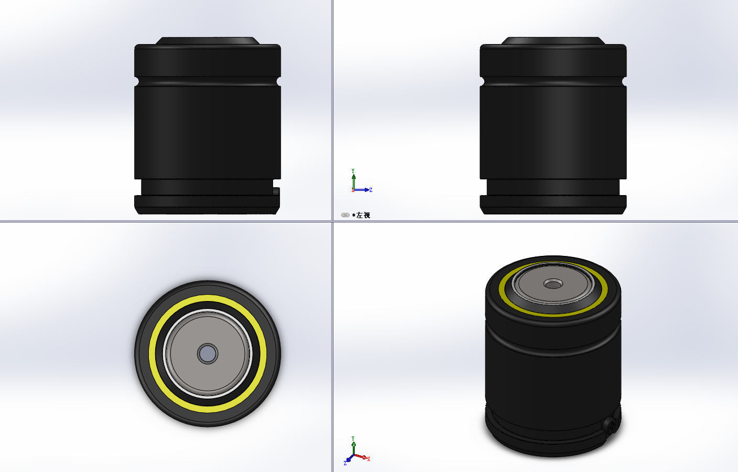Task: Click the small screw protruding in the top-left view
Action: [276, 191]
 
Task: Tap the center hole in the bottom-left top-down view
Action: [208, 353]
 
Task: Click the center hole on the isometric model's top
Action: [553, 284]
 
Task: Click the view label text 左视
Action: [363, 215]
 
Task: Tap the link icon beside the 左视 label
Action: [345, 215]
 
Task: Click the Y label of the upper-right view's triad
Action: [353, 171]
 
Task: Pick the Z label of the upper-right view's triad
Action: [371, 190]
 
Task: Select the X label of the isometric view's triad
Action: [368, 459]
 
